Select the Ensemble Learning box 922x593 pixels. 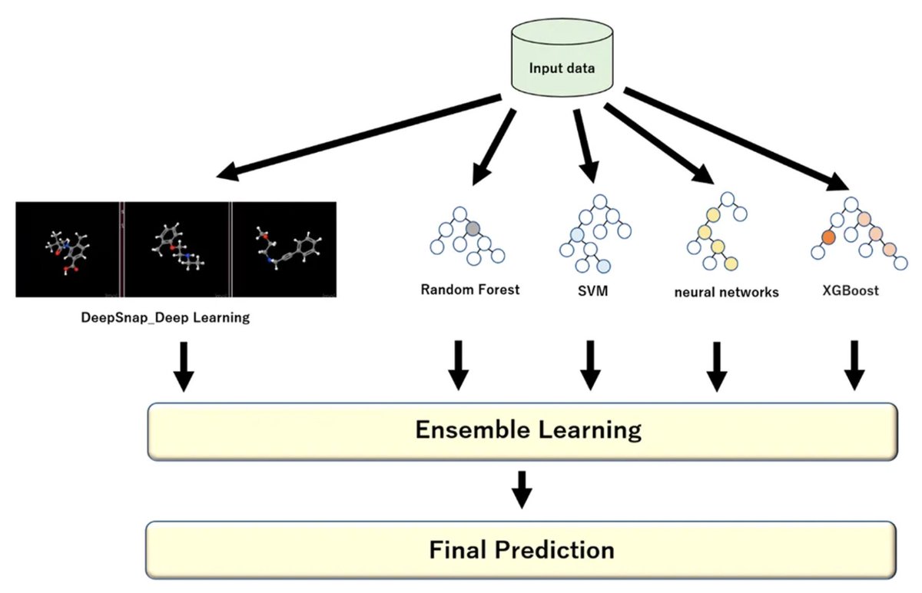522,430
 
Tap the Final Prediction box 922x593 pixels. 522,551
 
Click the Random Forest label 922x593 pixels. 470,290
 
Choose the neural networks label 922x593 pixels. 726,292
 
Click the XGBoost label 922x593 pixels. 850,291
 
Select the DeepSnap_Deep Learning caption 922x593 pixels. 166,317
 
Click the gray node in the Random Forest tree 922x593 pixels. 473,227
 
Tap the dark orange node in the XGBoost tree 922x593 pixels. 828,237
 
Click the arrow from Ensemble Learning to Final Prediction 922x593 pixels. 522,489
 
